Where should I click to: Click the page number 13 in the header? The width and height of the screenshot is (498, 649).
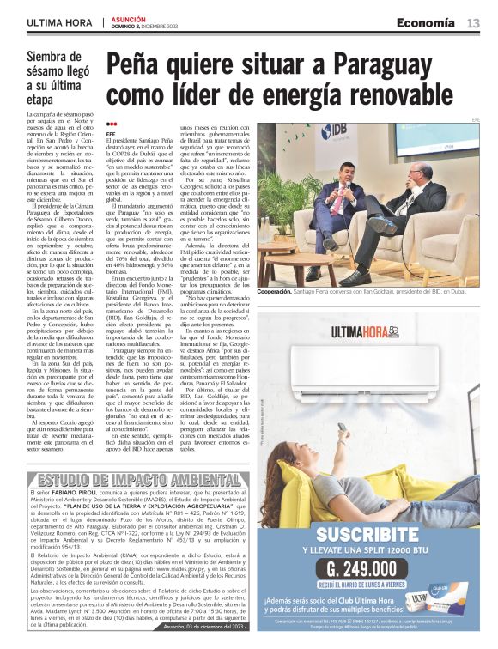[x=474, y=23]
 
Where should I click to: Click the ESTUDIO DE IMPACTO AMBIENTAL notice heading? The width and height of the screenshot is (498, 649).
[x=127, y=479]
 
